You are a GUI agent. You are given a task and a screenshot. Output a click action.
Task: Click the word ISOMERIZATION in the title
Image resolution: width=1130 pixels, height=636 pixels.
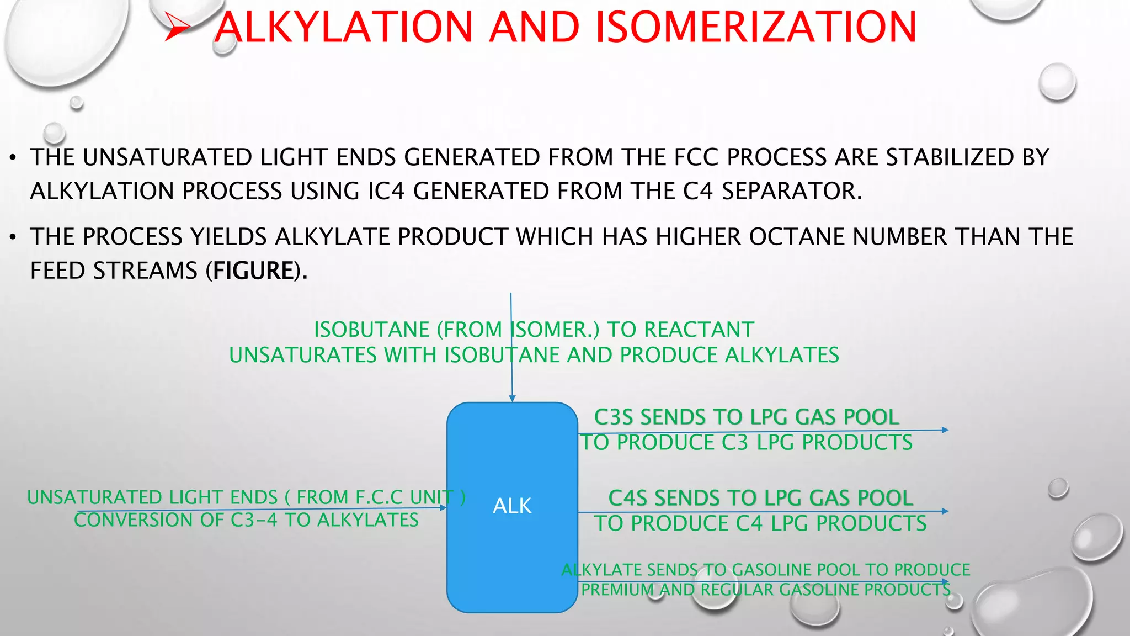(756, 28)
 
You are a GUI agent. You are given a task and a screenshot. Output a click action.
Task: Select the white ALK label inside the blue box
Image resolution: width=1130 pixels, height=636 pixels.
(512, 506)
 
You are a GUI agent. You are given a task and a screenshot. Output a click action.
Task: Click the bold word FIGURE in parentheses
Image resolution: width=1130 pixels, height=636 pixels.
(253, 271)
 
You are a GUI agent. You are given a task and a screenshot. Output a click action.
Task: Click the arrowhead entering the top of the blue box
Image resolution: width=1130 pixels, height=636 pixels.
(512, 398)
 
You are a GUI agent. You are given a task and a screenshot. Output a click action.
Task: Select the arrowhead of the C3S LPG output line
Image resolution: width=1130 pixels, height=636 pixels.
(945, 430)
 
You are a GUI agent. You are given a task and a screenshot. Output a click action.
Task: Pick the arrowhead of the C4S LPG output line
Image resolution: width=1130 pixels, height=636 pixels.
(945, 511)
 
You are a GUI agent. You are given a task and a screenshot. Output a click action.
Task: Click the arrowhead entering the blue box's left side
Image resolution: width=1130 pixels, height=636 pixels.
(443, 507)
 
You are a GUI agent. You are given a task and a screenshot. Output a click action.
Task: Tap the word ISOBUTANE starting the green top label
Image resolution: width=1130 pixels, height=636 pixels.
(371, 330)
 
